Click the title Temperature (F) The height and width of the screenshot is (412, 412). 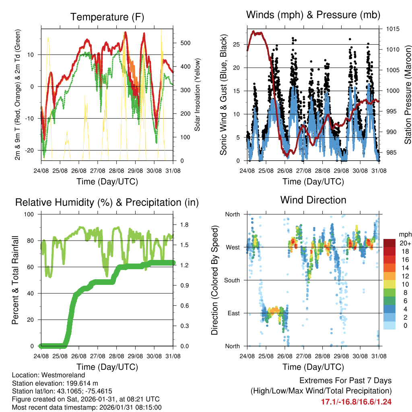(107, 17)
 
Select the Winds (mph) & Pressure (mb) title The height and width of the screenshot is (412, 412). (313, 15)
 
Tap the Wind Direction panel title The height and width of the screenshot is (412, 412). (313, 200)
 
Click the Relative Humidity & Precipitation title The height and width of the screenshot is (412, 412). (107, 202)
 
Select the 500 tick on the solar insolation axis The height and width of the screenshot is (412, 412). (185, 43)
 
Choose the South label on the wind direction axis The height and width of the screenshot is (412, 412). (233, 280)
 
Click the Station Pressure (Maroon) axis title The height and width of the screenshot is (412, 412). (407, 94)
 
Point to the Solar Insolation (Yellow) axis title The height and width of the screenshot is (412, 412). (197, 95)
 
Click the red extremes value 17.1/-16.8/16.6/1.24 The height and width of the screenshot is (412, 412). (356, 402)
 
